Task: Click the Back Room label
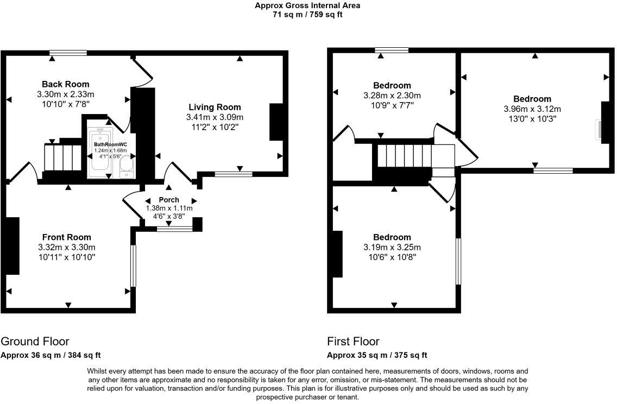pyautogui.click(x=65, y=84)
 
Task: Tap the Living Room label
pyautogui.click(x=215, y=107)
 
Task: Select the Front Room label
pyautogui.click(x=66, y=237)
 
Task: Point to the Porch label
pyautogui.click(x=169, y=200)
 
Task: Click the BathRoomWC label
pyautogui.click(x=110, y=145)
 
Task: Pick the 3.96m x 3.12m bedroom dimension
pyautogui.click(x=532, y=109)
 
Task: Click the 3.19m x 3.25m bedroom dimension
pyautogui.click(x=392, y=248)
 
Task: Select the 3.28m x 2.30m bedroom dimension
pyautogui.click(x=392, y=96)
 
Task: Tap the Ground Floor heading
pyautogui.click(x=35, y=341)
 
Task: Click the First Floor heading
pyautogui.click(x=354, y=341)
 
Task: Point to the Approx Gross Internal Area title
pyautogui.click(x=307, y=5)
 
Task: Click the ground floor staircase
pyautogui.click(x=62, y=158)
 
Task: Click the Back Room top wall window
pyautogui.click(x=68, y=53)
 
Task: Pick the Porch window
pyautogui.click(x=175, y=229)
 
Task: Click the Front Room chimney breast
pyautogui.click(x=12, y=246)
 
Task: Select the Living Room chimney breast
pyautogui.click(x=276, y=122)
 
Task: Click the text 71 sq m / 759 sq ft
pyautogui.click(x=307, y=15)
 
